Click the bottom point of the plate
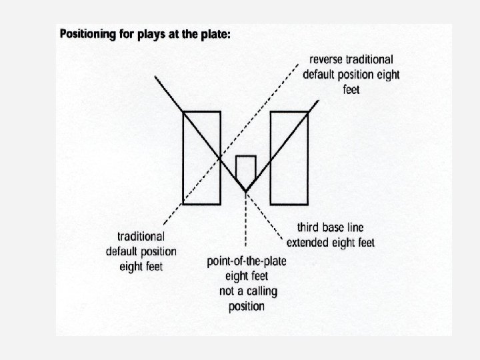pos(246,191)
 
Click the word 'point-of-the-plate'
pos(247,260)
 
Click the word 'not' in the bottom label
pos(227,291)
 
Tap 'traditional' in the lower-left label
pos(141,236)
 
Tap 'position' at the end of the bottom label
pos(245,306)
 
